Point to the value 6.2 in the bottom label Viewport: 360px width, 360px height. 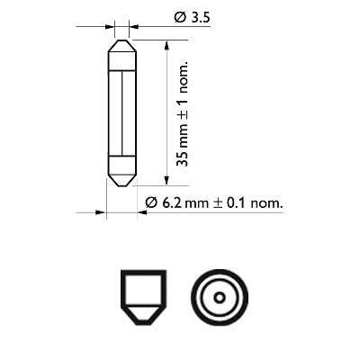pos(172,204)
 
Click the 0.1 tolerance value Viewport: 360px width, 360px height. pos(237,204)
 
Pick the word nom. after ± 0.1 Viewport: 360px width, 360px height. pos(267,204)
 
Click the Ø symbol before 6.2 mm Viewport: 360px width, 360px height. pos(150,204)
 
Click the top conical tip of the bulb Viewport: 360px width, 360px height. pos(121,45)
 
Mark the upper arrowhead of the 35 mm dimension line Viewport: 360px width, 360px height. pos(166,43)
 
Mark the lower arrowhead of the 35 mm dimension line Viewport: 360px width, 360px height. pos(166,184)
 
